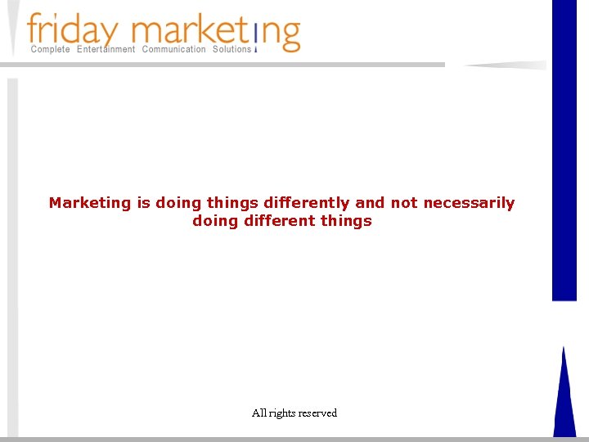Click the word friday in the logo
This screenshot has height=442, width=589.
(74, 30)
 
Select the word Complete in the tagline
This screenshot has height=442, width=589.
(50, 50)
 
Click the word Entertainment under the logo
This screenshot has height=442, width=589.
(106, 50)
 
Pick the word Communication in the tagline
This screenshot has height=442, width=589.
(174, 50)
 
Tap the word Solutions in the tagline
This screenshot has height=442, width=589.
(232, 50)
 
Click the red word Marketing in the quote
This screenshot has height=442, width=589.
(90, 203)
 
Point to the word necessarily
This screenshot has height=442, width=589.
(469, 203)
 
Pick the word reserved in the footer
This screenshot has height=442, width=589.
(317, 413)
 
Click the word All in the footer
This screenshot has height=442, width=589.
(260, 413)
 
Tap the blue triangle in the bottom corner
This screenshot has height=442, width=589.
(564, 401)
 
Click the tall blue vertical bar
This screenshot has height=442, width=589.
(564, 147)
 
